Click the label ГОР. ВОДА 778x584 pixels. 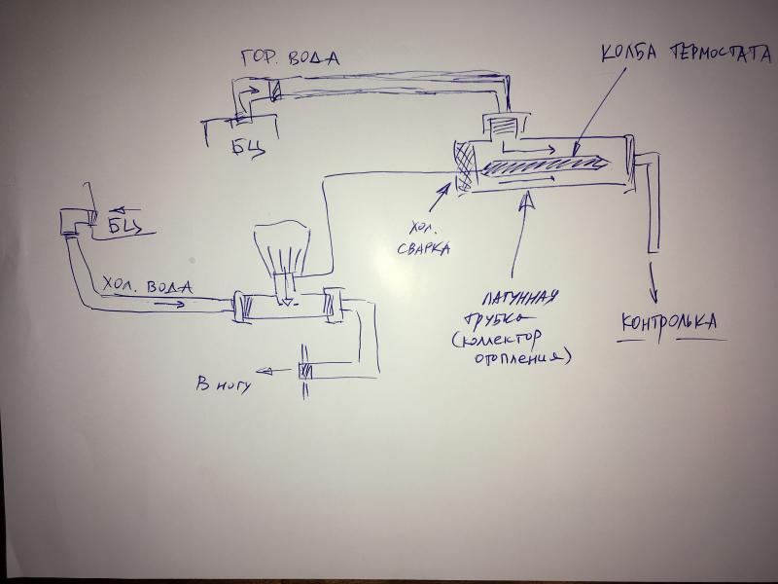tap(289, 57)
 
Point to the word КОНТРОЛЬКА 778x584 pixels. tap(672, 322)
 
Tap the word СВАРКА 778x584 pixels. tap(423, 249)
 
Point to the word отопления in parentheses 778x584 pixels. tap(520, 359)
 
